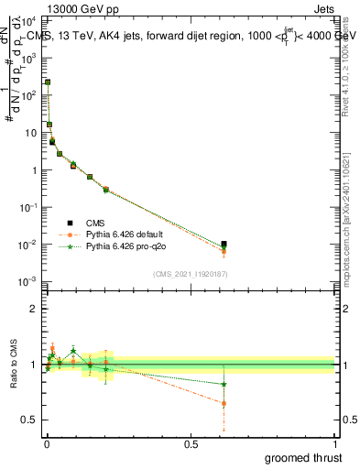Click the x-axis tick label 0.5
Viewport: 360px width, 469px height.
[x=190, y=444]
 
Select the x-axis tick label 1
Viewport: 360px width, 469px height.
[x=334, y=444]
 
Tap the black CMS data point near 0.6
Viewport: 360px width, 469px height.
[x=224, y=245]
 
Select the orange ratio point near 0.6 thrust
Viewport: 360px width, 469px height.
[x=224, y=403]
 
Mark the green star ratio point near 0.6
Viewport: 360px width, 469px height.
[x=224, y=384]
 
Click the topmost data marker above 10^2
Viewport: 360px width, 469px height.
[x=48, y=82]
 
